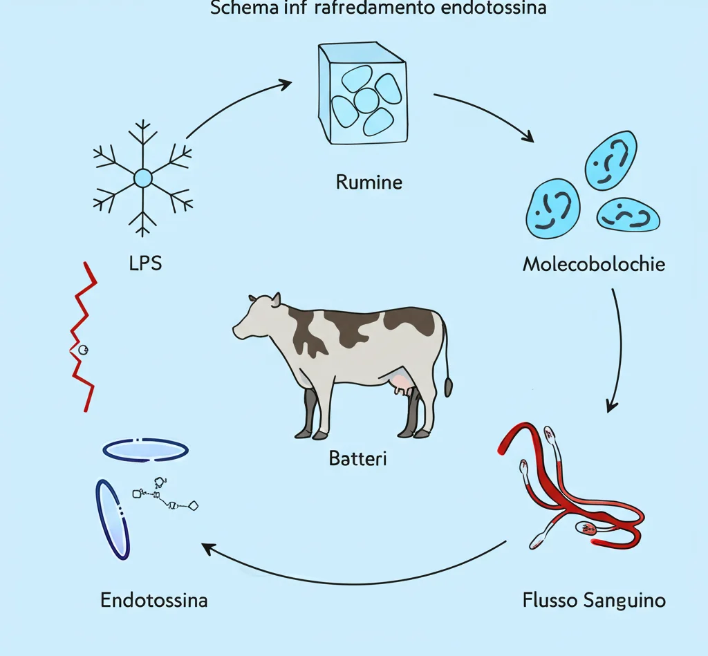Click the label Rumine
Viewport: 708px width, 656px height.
(369, 182)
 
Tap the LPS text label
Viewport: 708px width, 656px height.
(145, 263)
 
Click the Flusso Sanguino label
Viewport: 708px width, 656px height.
(594, 599)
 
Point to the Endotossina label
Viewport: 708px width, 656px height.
(153, 599)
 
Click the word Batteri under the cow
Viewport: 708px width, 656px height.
(357, 458)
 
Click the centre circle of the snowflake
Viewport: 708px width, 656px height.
(142, 179)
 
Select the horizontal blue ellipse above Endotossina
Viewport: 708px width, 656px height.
(145, 449)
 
